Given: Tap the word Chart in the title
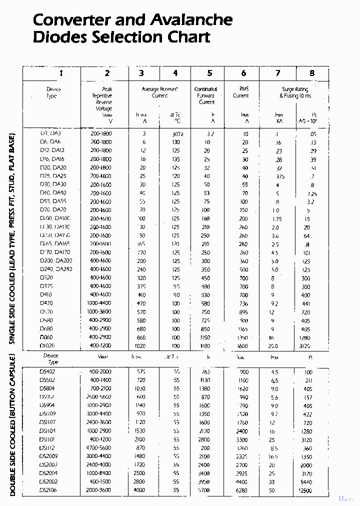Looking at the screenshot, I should [185, 37].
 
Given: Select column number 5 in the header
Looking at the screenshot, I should [209, 73].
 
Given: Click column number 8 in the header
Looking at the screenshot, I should [312, 73].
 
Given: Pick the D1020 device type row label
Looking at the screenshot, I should [48, 345].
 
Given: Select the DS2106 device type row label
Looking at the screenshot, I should [48, 490].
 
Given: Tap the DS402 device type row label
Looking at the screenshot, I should [47, 372].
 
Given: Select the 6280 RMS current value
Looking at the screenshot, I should [241, 490].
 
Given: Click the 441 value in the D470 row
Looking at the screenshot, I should [306, 303].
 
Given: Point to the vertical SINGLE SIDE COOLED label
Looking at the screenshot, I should [13, 238].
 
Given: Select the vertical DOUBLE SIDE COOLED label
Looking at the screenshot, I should [13, 425].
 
